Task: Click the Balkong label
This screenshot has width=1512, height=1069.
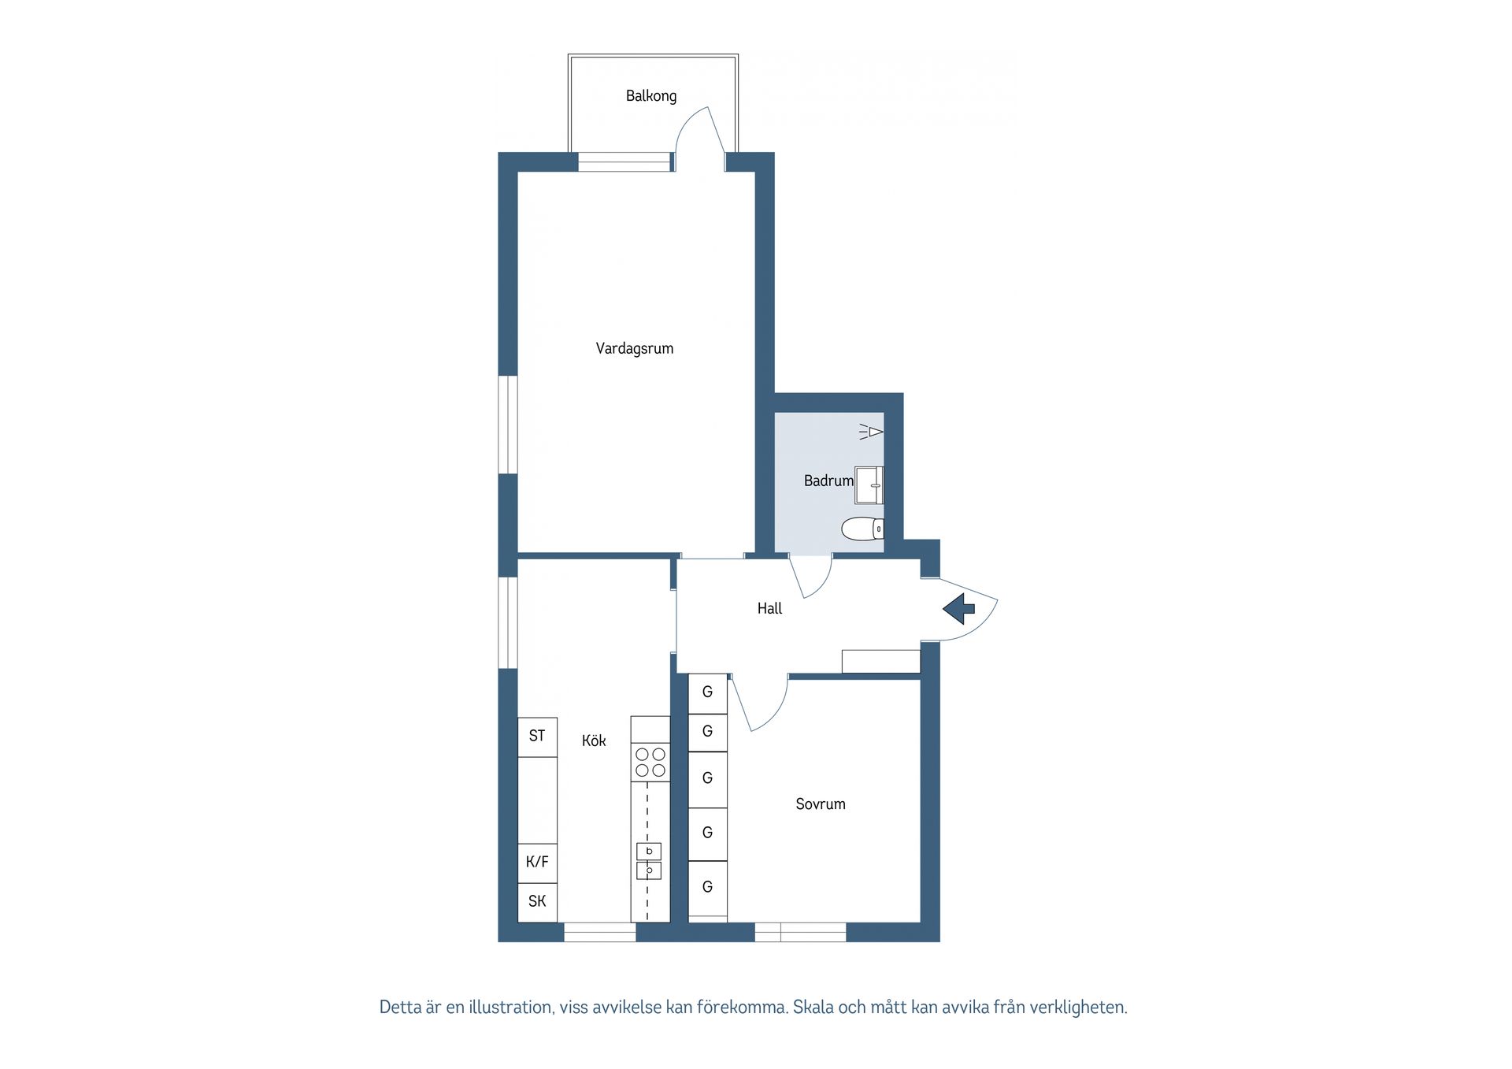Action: [x=650, y=96]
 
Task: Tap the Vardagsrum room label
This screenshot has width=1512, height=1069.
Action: [x=634, y=348]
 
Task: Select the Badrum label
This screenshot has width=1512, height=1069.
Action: [x=828, y=481]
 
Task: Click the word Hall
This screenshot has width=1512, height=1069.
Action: [x=769, y=608]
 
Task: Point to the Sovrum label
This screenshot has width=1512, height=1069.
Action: [x=820, y=804]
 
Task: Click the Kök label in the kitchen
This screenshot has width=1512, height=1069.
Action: [x=594, y=741]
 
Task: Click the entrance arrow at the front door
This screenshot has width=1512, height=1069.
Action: [x=959, y=609]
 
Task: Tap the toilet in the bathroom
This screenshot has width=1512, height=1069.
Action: [x=862, y=529]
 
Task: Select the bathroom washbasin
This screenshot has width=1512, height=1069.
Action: [x=869, y=484]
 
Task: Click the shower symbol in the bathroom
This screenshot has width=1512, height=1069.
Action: [x=872, y=432]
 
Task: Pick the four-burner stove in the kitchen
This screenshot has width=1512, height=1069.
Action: [x=650, y=763]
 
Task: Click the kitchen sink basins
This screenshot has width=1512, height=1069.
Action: [x=649, y=861]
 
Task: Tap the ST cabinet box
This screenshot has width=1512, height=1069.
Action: [x=537, y=737]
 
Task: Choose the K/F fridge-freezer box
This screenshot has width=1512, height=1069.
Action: [x=537, y=862]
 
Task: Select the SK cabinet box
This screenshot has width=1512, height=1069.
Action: [x=537, y=901]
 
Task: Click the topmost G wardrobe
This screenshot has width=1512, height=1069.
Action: [x=707, y=692]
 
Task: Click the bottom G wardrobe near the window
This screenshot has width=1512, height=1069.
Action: [x=707, y=887]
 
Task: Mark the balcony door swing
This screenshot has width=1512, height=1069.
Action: [x=699, y=134]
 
